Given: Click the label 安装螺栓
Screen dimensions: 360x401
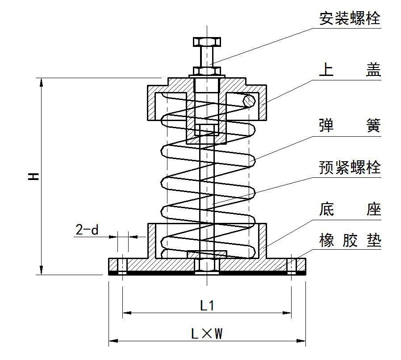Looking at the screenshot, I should click(350, 18).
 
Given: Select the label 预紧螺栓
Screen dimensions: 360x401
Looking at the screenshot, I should click(350, 167).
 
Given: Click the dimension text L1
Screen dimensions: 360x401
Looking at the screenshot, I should click(207, 306).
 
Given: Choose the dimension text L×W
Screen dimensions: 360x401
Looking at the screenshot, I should click(207, 333).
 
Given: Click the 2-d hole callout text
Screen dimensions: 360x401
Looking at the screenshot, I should click(87, 230).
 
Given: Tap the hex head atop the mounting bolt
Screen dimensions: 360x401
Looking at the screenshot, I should click(207, 42).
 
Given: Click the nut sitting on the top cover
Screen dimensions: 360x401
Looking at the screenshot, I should click(207, 71).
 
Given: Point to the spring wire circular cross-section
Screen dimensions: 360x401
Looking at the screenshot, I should click(248, 101).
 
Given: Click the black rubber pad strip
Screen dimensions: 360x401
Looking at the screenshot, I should click(207, 272).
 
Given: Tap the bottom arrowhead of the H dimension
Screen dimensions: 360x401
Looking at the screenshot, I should click(42, 270).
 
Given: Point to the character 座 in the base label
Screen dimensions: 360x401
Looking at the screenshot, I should click(373, 209).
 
